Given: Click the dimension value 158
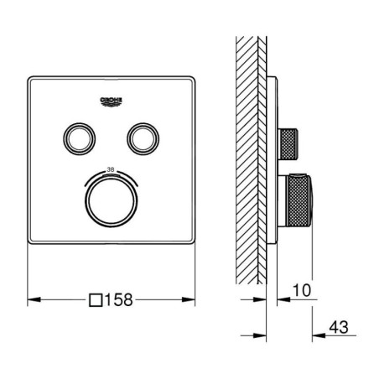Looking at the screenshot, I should [123, 298].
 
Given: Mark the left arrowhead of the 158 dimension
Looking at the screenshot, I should [33, 298].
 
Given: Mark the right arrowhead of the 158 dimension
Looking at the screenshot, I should [191, 298].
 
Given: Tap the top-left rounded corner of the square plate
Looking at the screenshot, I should [32, 79].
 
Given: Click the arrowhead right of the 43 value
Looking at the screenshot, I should [316, 336].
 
